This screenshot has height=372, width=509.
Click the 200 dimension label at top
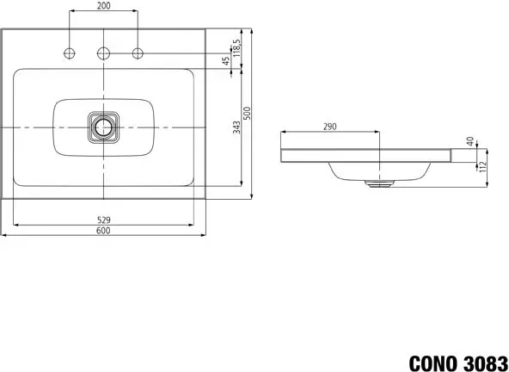(x=103, y=5)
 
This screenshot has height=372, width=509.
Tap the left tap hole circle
(x=70, y=53)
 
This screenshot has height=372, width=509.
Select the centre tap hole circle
(x=103, y=53)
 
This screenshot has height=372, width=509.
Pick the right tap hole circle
(x=138, y=53)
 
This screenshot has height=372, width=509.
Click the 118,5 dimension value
(x=236, y=48)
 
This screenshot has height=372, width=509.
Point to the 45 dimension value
(x=226, y=61)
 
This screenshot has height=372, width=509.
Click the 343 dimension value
(x=237, y=127)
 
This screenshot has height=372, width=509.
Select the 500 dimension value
(x=248, y=113)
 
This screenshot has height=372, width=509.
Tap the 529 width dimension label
(x=103, y=220)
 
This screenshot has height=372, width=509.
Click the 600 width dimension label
(x=103, y=231)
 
